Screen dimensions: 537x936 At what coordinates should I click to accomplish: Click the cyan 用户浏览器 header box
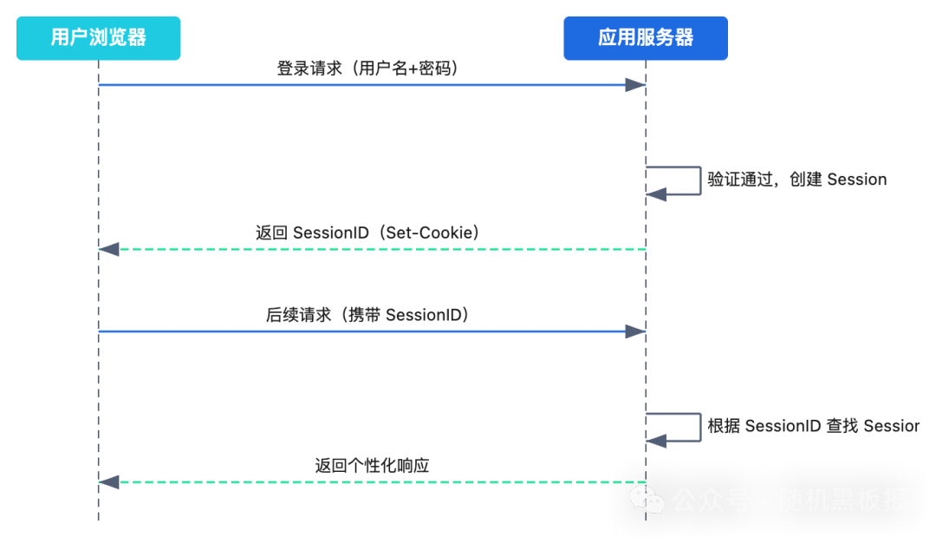pyautogui.click(x=98, y=38)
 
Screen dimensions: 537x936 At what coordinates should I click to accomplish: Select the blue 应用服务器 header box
pyautogui.click(x=749, y=38)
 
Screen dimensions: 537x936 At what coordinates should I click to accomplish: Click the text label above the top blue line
pyautogui.click(x=366, y=70)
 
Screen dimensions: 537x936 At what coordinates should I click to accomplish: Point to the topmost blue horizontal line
pyautogui.click(x=347, y=85)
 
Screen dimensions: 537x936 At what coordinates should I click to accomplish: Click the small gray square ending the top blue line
pyautogui.click(x=634, y=84)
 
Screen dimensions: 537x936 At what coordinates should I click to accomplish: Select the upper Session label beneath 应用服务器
pyautogui.click(x=796, y=181)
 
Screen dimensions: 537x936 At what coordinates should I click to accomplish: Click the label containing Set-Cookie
pyautogui.click(x=367, y=235)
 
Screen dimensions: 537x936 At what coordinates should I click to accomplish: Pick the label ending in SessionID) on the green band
pyautogui.click(x=367, y=318)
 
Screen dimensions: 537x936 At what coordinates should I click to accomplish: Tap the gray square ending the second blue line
pyautogui.click(x=634, y=330)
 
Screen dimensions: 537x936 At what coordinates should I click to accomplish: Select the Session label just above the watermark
pyautogui.click(x=809, y=428)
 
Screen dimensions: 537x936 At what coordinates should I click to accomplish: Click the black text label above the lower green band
pyautogui.click(x=371, y=466)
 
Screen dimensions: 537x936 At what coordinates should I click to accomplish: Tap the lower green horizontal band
pyautogui.click(x=362, y=504)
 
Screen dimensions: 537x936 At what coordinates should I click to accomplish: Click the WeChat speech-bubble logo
pyautogui.click(x=647, y=500)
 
